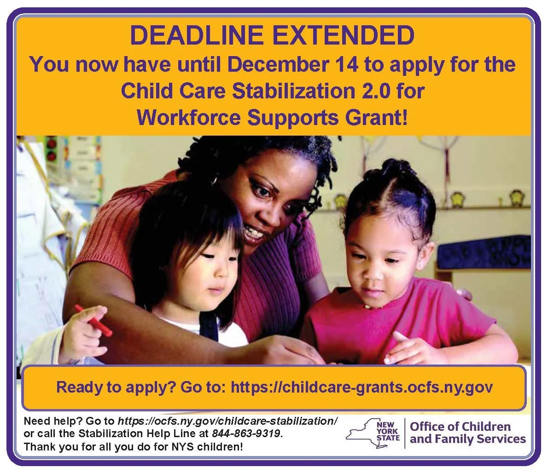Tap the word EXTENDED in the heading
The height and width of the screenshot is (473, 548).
click(x=338, y=35)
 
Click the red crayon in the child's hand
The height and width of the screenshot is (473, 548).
click(x=93, y=320)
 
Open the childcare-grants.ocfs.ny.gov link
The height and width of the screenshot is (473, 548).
click(x=361, y=387)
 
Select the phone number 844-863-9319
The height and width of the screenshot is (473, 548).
click(x=246, y=433)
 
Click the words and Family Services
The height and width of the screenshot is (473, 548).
click(x=467, y=439)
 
